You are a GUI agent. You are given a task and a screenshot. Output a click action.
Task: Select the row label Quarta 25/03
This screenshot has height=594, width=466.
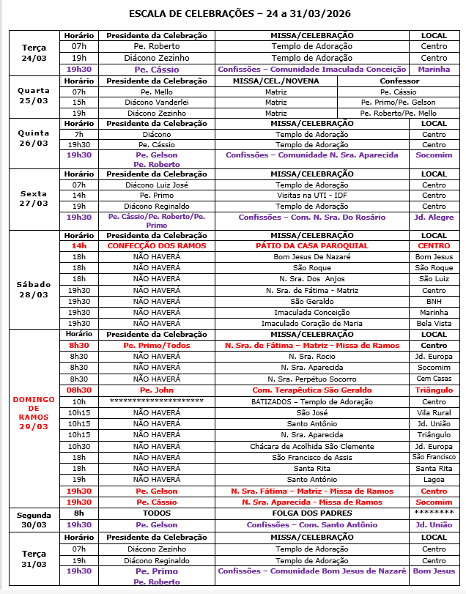pos(34,96)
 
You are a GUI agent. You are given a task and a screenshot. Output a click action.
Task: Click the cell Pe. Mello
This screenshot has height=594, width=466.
pos(157,92)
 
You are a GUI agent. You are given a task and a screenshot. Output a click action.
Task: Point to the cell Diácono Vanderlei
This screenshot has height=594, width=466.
pos(157,103)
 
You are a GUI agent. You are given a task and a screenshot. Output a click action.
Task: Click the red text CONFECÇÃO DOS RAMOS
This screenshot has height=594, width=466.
pos(157,246)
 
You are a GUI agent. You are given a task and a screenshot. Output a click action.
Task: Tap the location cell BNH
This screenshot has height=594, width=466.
pos(434,301)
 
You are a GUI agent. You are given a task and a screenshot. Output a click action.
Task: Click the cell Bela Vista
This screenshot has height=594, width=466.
pos(434,323)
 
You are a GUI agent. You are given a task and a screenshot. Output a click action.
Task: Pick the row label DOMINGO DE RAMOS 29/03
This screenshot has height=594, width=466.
pos(34,413)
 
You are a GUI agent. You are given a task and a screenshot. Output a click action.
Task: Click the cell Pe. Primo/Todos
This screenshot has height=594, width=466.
pos(157,345)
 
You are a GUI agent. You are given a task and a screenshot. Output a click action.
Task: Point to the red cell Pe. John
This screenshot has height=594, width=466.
pos(157,390)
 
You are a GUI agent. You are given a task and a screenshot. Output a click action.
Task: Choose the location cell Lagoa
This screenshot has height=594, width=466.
pos(434,480)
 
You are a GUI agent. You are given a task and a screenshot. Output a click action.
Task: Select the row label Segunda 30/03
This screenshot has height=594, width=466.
pos(34,519)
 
